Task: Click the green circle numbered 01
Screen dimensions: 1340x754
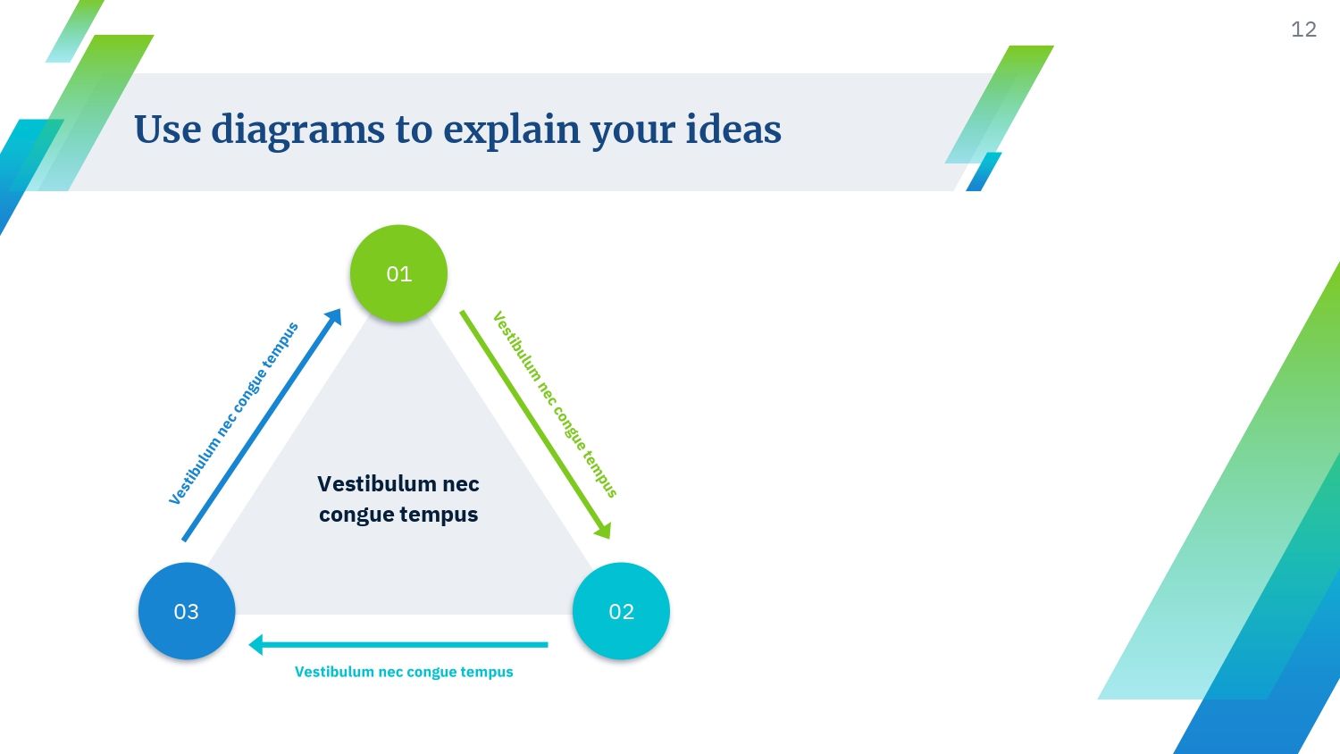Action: pyautogui.click(x=398, y=273)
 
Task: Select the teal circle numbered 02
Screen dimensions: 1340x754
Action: pyautogui.click(x=621, y=611)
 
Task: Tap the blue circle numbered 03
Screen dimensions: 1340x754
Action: pyautogui.click(x=187, y=611)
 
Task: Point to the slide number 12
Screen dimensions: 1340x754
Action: pyautogui.click(x=1303, y=29)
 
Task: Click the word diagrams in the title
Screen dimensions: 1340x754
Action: pyautogui.click(x=297, y=130)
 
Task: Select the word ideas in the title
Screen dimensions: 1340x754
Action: pyautogui.click(x=733, y=129)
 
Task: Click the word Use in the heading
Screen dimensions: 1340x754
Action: pyautogui.click(x=168, y=130)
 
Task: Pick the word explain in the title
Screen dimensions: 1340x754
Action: pyautogui.click(x=512, y=130)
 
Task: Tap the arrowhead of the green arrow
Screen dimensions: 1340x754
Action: pyautogui.click(x=604, y=530)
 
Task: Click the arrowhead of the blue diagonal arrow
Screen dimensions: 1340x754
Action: pyautogui.click(x=334, y=316)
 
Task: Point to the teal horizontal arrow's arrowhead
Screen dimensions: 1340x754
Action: pyautogui.click(x=255, y=644)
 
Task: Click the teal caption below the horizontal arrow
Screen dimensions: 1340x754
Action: pyautogui.click(x=404, y=672)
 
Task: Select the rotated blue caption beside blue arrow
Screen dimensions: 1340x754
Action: pyautogui.click(x=233, y=414)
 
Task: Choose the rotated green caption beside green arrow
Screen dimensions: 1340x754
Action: pyautogui.click(x=555, y=404)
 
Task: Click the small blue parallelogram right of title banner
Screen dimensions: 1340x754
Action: pyautogui.click(x=984, y=172)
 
